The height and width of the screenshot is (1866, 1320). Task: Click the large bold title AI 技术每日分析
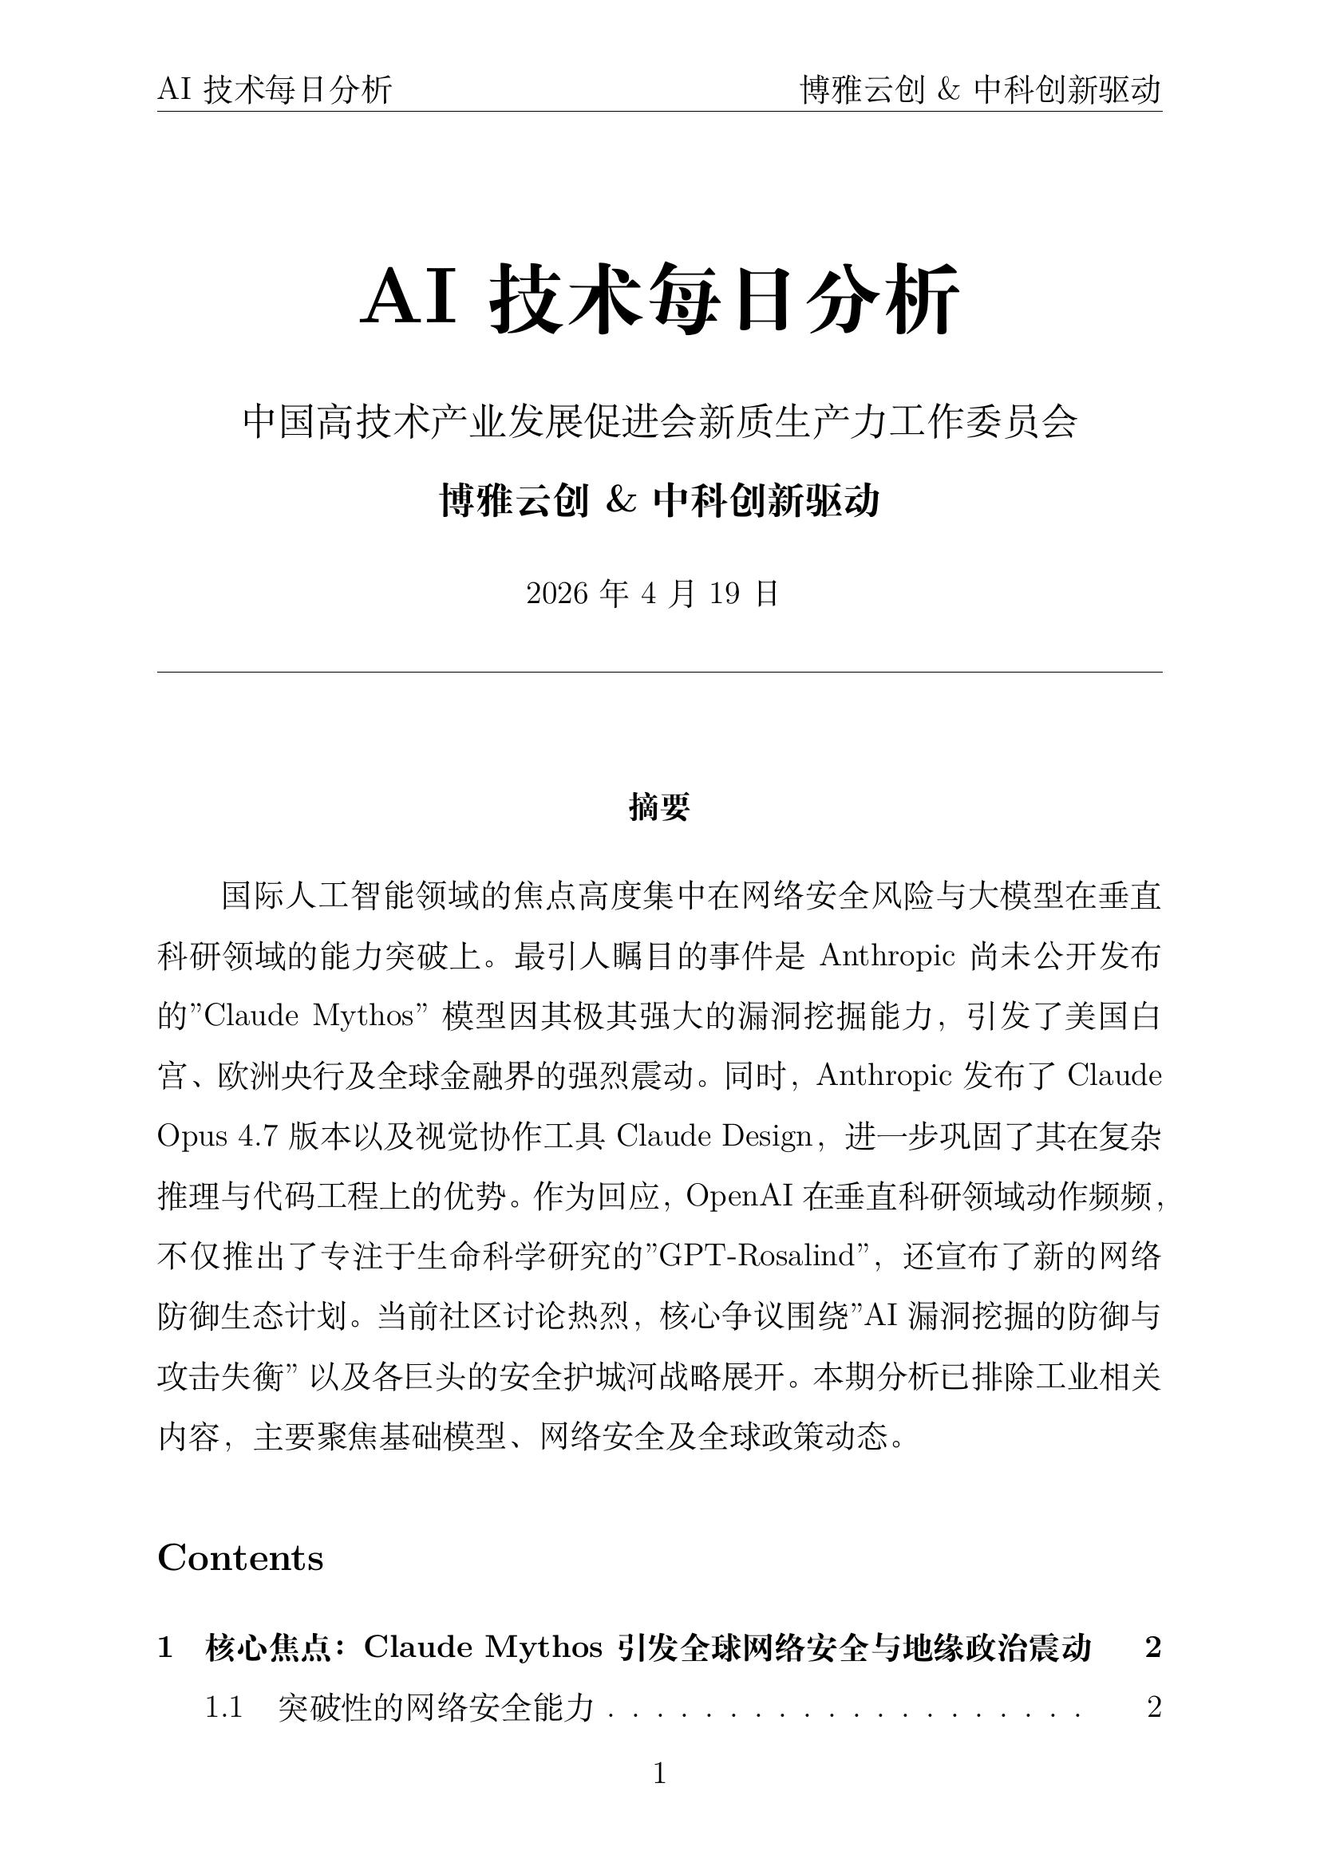point(659,299)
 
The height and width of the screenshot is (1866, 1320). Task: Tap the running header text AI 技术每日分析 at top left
point(275,89)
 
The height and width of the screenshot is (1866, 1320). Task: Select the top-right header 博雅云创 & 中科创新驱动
point(980,89)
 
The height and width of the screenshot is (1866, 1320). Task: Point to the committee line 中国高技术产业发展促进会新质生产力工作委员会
point(659,422)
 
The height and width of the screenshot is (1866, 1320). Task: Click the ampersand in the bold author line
point(621,501)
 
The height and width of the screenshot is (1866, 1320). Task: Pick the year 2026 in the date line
point(557,594)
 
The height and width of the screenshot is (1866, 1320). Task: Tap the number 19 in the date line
point(724,594)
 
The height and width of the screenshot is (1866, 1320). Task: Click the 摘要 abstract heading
point(659,807)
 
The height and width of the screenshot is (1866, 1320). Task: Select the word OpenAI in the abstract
point(739,1197)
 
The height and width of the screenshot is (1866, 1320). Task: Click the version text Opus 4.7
point(217,1136)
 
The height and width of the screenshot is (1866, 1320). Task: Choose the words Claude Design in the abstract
point(714,1136)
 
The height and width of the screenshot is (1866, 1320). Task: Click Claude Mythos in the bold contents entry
point(483,1647)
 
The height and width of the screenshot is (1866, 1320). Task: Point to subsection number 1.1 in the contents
point(223,1707)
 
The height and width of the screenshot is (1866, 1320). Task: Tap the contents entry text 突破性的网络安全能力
point(436,1707)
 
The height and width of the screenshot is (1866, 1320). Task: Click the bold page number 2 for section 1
point(1152,1647)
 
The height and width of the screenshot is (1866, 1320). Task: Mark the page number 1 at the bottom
point(660,1773)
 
